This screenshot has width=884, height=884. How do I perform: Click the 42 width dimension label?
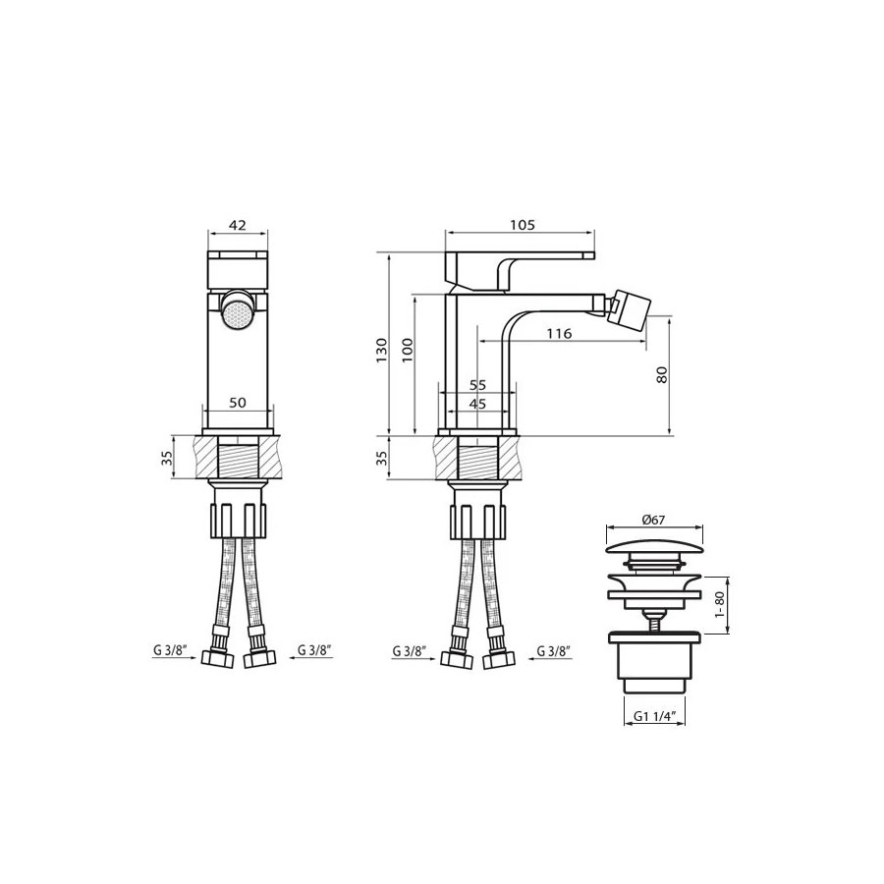238,225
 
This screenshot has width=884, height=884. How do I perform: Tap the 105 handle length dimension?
523,225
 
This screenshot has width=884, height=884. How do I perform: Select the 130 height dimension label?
382,350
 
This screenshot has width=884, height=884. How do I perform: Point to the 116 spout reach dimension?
559,334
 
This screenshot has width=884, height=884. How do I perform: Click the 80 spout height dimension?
662,375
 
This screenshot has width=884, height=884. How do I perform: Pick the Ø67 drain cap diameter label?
653,520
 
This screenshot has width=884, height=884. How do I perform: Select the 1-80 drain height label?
719,604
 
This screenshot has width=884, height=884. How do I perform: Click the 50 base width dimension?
238,403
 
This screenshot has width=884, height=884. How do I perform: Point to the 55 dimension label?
477,385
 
